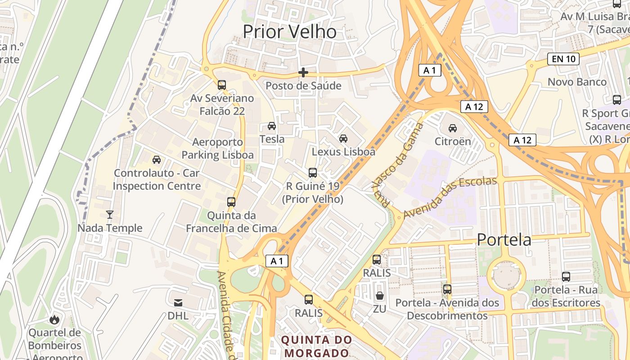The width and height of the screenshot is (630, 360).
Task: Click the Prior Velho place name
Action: pyautogui.click(x=289, y=32)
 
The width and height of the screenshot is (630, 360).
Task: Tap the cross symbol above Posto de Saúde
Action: pyautogui.click(x=303, y=72)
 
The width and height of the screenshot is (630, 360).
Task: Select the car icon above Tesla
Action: pyautogui.click(x=272, y=126)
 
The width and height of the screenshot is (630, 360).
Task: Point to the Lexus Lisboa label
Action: pyautogui.click(x=343, y=152)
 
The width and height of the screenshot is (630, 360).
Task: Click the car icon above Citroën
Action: pyautogui.click(x=453, y=128)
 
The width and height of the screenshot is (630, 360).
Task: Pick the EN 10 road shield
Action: pyautogui.click(x=563, y=59)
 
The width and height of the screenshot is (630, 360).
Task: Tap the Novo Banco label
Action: pyautogui.click(x=577, y=82)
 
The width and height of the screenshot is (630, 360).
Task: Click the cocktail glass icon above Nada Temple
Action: pyautogui.click(x=110, y=215)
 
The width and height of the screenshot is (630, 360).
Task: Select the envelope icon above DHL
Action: pyautogui.click(x=178, y=302)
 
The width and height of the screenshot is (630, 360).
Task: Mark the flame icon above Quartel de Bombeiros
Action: pyautogui.click(x=55, y=319)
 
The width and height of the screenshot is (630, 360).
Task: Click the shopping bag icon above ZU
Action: pyautogui.click(x=380, y=296)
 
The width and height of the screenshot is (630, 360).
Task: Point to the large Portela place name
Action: pyautogui.click(x=504, y=240)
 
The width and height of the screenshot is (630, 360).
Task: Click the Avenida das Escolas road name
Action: pyautogui.click(x=450, y=198)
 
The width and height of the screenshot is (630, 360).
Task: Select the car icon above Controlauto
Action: pyautogui.click(x=157, y=160)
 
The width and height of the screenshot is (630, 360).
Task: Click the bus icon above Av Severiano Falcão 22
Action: pyautogui.click(x=221, y=85)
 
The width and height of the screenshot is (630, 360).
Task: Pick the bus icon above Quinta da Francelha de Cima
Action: pyautogui.click(x=231, y=202)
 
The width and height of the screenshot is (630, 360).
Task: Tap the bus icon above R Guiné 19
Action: pyautogui.click(x=312, y=172)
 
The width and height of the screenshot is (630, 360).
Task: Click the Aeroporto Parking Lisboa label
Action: pyautogui.click(x=217, y=149)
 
